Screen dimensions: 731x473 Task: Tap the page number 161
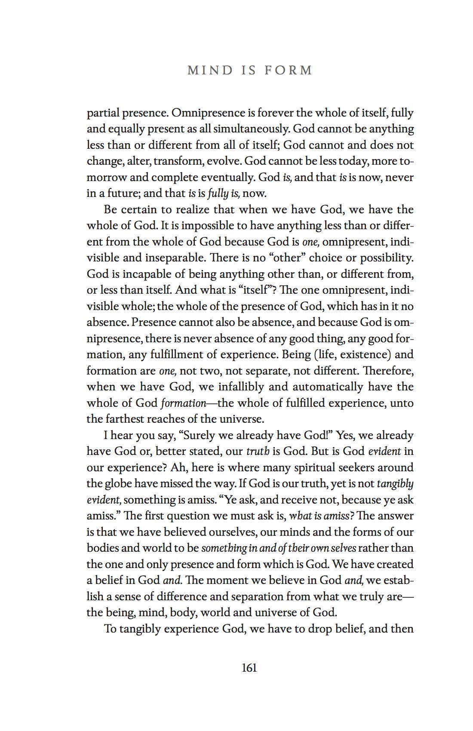click(249, 668)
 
